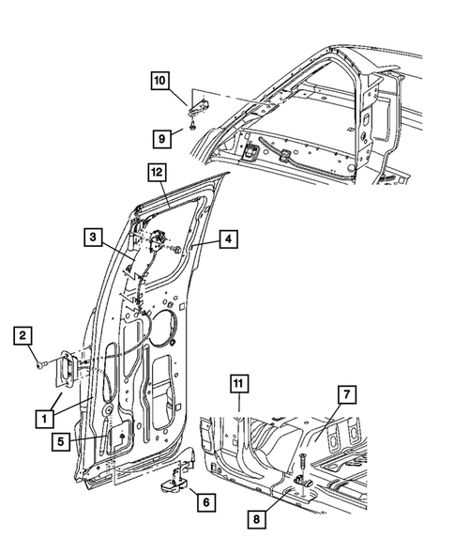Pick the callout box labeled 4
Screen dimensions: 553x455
point(228,239)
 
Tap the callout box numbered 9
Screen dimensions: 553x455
point(161,138)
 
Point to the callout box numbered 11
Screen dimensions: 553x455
point(241,382)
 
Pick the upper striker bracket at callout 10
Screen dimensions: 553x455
point(201,106)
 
